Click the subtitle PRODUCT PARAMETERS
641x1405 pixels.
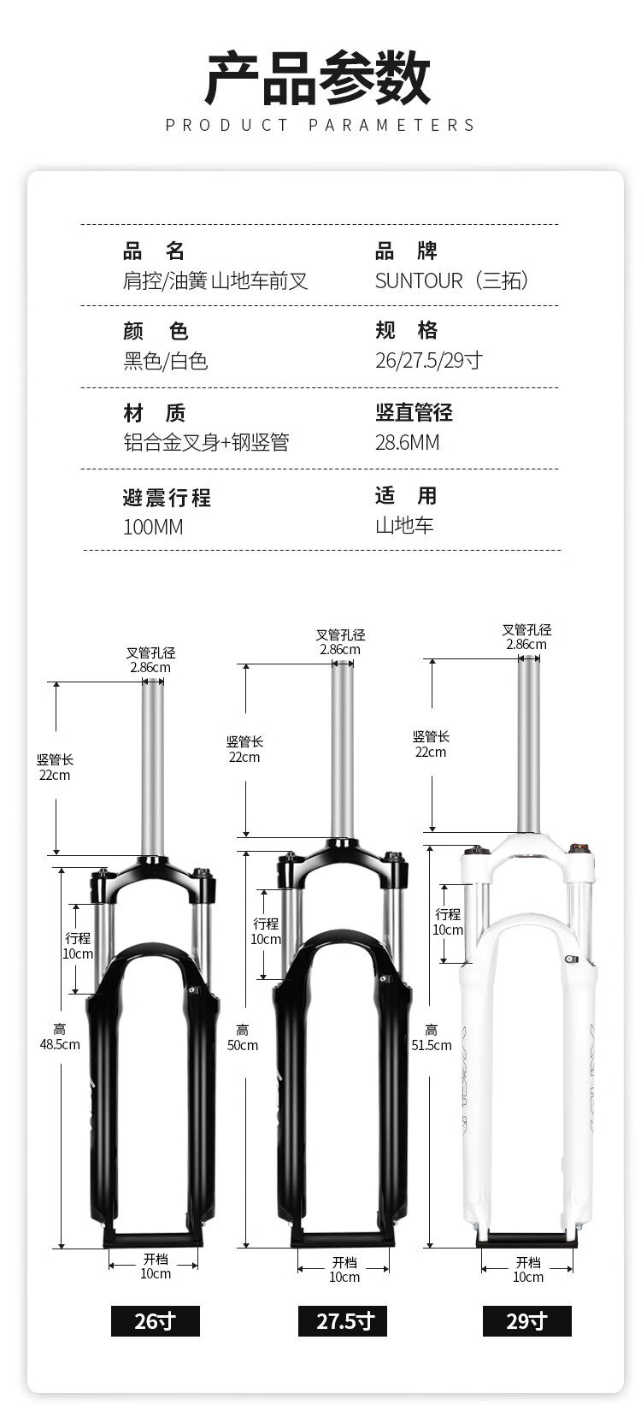320,126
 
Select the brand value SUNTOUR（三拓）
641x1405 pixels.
452,280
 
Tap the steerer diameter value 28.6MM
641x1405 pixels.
407,442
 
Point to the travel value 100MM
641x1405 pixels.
153,527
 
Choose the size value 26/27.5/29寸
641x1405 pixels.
428,360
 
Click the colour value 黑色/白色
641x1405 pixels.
166,361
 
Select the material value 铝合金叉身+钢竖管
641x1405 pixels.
206,442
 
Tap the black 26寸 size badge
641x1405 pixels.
155,1321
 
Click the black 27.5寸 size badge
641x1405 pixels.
343,1321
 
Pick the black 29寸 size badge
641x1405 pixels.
526,1321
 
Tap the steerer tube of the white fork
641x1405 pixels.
529,744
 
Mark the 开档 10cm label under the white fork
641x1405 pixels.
528,1269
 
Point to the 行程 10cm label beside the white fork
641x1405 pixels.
448,922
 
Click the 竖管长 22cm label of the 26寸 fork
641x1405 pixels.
55,767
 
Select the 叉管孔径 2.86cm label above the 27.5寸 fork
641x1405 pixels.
340,641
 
